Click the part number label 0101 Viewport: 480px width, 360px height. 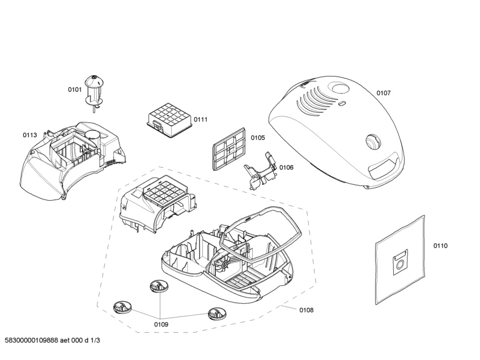(75, 89)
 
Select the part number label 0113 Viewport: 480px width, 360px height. (30, 135)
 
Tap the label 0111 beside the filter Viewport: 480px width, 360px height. (201, 119)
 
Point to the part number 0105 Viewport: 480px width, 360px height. (258, 138)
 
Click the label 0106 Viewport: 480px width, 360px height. (286, 167)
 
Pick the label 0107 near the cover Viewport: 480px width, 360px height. (384, 93)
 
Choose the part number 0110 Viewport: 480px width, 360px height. (440, 245)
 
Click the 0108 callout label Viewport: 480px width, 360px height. (306, 310)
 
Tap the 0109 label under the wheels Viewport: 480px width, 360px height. (161, 324)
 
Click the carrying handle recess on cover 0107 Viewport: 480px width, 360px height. (383, 166)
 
